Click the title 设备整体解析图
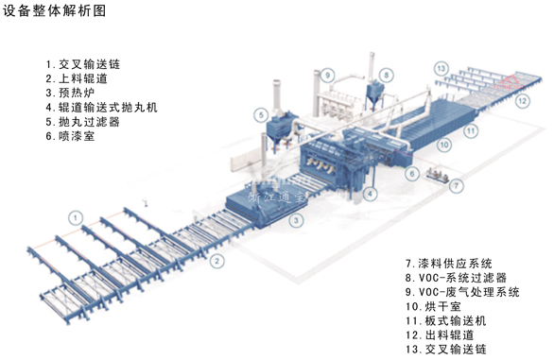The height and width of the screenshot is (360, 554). point(54,11)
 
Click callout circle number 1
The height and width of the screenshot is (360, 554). point(73,218)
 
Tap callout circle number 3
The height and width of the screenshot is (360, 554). point(296,221)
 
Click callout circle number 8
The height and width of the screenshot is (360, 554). point(386,74)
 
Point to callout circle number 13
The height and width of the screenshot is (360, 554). point(441,67)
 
